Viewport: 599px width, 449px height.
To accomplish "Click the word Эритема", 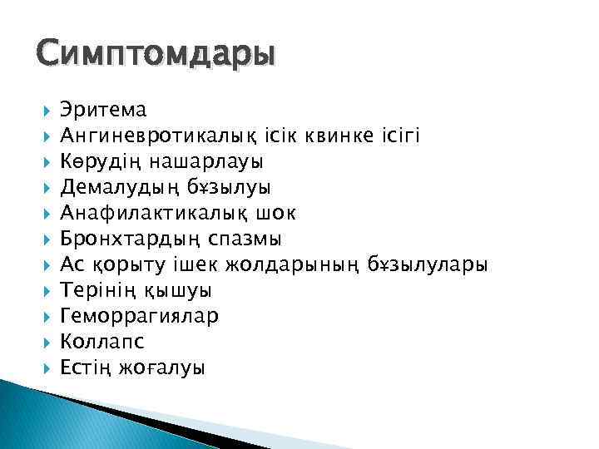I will coord(104,110).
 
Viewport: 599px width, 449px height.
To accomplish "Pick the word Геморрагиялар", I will coord(139,317).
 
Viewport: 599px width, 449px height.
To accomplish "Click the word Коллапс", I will coord(102,343).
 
